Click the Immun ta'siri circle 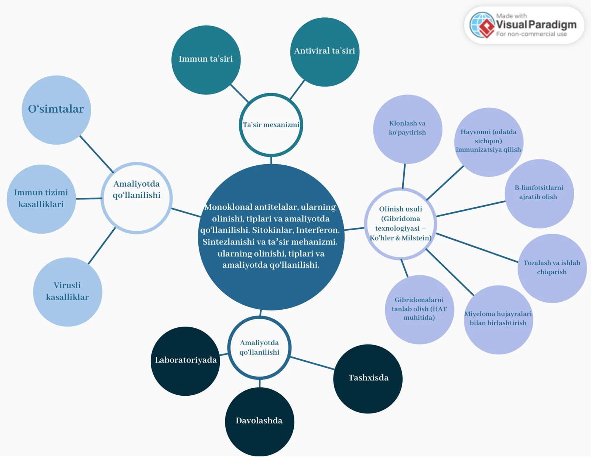[x=206, y=60]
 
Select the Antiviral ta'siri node [x=325, y=52]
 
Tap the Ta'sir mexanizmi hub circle [x=271, y=125]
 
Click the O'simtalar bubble [x=56, y=110]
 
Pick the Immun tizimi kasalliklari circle [x=41, y=199]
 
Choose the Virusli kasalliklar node [x=68, y=292]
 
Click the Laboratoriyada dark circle [x=185, y=361]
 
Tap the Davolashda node [x=259, y=422]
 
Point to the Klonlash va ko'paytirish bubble [x=408, y=129]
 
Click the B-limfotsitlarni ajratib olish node [x=539, y=194]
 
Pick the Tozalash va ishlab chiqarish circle [x=552, y=268]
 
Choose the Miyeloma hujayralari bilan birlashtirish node [x=499, y=320]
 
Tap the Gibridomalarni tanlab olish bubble [x=419, y=310]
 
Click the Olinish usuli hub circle [x=400, y=224]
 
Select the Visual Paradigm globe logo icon [x=482, y=25]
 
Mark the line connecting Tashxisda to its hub [x=312, y=363]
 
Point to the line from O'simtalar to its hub [x=96, y=154]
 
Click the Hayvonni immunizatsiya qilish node [x=489, y=142]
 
